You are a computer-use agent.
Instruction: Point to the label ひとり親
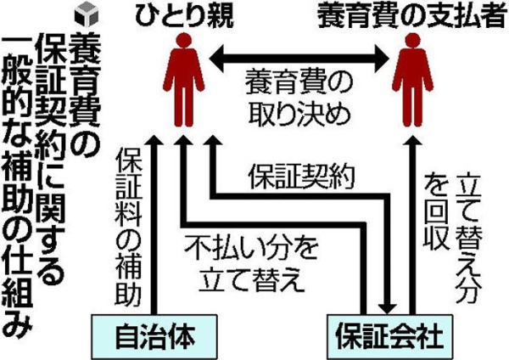click(x=182, y=15)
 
